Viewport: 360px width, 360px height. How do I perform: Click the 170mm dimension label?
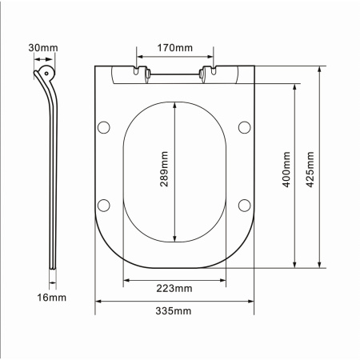click(174, 48)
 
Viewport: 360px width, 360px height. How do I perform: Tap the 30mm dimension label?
click(43, 48)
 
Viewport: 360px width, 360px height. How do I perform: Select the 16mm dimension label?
click(51, 298)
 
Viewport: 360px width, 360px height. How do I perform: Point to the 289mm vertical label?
click(164, 169)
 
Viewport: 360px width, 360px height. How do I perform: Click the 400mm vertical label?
click(286, 170)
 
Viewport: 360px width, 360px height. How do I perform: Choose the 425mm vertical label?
click(310, 170)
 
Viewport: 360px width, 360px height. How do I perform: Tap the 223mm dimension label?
click(174, 288)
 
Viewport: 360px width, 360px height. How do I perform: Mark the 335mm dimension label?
click(174, 311)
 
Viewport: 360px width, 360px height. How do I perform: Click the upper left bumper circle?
click(104, 127)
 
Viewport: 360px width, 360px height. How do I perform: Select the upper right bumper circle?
click(244, 127)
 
